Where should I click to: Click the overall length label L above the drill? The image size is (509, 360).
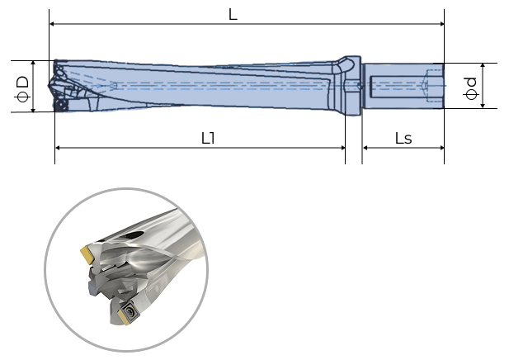[x=233, y=15]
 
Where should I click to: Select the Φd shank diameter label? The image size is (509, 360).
[x=470, y=86]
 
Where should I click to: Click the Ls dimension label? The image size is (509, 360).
[x=403, y=138]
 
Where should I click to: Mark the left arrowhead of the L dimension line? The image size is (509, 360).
[x=53, y=25]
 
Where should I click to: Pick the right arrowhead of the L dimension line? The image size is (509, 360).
[x=441, y=25]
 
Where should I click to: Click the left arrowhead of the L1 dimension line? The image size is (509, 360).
[x=59, y=148]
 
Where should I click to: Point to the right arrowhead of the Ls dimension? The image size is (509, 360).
[x=441, y=148]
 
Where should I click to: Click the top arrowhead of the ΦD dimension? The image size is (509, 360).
[x=33, y=64]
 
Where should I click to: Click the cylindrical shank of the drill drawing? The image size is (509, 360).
[x=403, y=85]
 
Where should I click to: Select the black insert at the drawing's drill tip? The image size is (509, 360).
[x=59, y=106]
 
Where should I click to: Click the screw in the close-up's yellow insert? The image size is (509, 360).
[x=130, y=313]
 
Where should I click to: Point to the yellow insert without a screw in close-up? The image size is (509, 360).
[x=86, y=252]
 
